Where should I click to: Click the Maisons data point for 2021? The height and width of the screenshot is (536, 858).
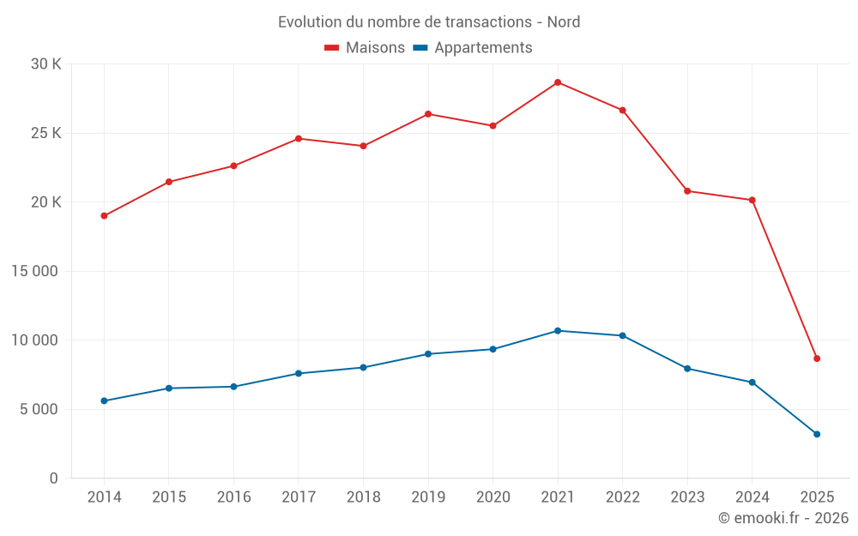558,82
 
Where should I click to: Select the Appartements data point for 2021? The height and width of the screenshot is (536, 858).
558,331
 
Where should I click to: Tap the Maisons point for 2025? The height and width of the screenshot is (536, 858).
817,358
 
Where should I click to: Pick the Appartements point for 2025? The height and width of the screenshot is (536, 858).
817,434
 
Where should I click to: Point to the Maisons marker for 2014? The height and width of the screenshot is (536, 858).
104,216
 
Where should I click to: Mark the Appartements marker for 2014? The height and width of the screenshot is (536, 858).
104,400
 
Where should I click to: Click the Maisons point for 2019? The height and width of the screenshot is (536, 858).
428,114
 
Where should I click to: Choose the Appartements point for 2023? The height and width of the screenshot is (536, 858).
687,369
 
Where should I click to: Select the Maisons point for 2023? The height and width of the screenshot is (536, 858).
687,191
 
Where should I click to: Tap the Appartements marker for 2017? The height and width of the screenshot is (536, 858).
299,373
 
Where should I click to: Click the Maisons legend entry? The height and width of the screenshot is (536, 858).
365,48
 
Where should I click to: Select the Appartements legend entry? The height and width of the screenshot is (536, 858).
473,48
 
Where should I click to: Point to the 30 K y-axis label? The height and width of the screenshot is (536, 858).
45,64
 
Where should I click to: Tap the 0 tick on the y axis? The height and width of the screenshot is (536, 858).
53,478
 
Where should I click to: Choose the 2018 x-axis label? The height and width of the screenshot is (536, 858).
363,497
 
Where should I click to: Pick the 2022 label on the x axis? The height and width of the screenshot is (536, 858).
622,497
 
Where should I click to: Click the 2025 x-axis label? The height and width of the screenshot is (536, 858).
817,497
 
